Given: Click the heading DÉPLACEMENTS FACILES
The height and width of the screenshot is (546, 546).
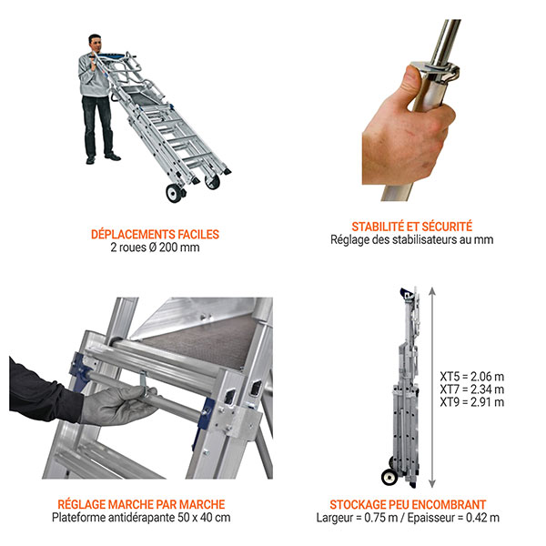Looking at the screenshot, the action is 155,235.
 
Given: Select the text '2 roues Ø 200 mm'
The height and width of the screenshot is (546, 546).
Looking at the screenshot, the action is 155,248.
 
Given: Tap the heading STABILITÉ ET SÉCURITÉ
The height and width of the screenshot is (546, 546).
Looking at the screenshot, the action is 412,227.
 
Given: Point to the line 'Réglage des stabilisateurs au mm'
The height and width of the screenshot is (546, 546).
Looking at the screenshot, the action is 412,240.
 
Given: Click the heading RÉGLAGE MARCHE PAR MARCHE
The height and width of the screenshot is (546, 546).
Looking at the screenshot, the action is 141,504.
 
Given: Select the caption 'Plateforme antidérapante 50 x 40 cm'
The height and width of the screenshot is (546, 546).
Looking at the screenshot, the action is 141,518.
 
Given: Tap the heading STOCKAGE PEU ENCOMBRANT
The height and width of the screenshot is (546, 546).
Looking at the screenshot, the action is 408,504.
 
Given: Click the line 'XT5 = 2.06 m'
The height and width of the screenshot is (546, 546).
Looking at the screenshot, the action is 471,377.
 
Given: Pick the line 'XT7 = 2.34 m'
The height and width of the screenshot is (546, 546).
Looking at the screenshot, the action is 471,389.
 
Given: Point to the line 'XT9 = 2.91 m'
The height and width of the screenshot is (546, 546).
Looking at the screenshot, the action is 471,402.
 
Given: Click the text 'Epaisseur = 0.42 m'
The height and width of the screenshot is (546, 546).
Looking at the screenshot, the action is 453,518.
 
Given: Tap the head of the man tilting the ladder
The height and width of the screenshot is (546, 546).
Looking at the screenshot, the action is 95,43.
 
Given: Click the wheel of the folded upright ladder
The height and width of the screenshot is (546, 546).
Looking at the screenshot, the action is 389,477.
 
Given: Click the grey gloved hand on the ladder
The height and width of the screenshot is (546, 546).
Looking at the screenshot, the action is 118,405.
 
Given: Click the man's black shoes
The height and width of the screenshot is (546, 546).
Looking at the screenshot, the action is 103,158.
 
